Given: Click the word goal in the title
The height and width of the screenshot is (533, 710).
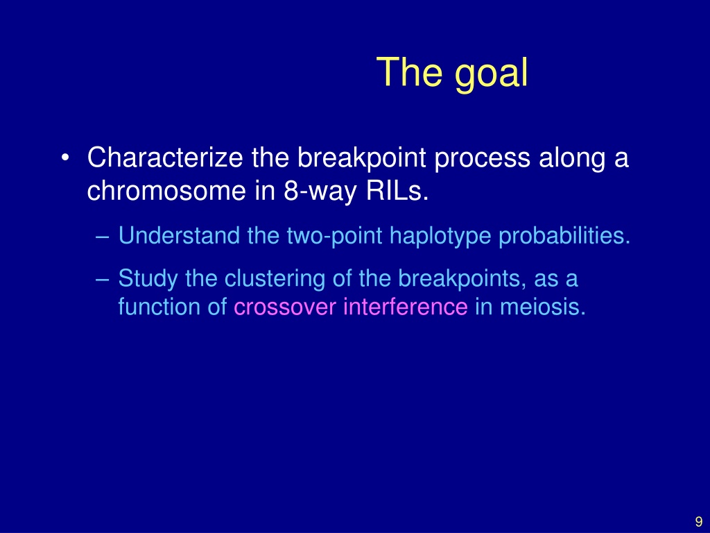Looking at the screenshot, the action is (x=492, y=74).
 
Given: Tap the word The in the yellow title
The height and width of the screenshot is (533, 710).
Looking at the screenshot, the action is (x=409, y=71).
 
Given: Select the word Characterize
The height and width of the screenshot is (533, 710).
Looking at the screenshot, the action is (x=165, y=158).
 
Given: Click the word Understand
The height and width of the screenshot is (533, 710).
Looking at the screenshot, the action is (x=180, y=236).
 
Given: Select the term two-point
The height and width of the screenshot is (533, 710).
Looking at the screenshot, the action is (x=334, y=237).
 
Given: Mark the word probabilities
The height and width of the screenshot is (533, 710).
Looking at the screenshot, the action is (x=564, y=236).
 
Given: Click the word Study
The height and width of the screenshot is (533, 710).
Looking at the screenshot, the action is (x=148, y=279).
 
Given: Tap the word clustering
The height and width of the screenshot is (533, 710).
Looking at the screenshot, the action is (x=275, y=279).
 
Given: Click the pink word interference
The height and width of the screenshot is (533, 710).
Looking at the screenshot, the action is (x=405, y=307).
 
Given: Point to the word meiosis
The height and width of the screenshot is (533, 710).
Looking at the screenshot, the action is (x=543, y=307).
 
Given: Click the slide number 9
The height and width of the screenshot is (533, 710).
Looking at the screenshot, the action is (x=699, y=521).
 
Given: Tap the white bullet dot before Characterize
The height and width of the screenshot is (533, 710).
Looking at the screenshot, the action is (x=65, y=158).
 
